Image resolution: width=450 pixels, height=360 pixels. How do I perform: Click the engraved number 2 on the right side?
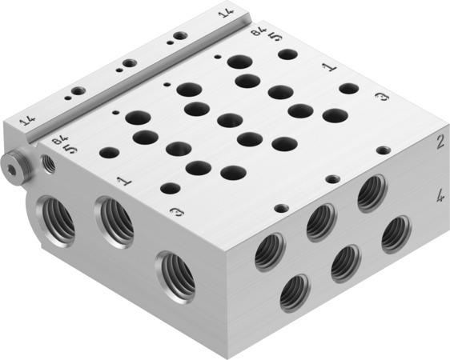click(x=440, y=144)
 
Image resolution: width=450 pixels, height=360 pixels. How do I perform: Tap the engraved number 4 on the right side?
click(x=440, y=194)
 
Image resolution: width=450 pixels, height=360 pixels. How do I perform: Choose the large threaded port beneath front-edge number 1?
click(x=115, y=222)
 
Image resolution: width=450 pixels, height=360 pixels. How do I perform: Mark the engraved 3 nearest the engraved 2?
click(x=382, y=98)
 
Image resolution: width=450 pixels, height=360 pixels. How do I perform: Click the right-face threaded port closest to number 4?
click(x=396, y=234)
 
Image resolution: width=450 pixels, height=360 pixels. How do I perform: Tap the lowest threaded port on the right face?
click(x=295, y=293)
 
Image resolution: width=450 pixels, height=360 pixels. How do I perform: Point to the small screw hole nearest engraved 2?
click(x=384, y=150)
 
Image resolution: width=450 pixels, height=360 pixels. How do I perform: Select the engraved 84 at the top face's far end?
click(x=256, y=32)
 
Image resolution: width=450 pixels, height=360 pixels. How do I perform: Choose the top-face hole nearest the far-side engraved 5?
click(x=287, y=55)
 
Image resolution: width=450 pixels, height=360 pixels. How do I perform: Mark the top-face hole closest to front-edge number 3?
click(x=171, y=189)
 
